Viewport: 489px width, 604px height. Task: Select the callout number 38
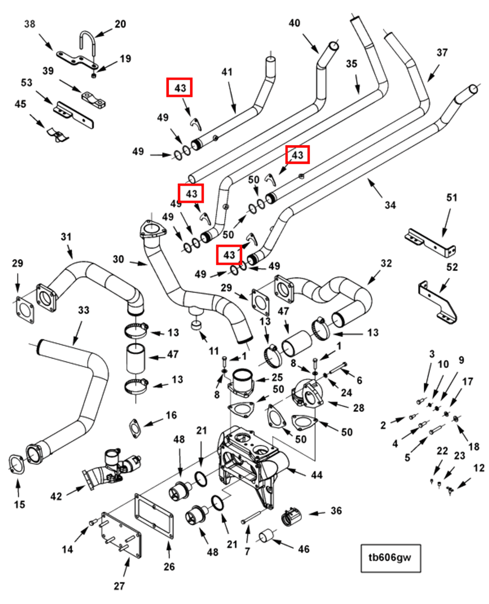tap(29, 24)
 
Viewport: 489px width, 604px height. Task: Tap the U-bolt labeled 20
tap(87, 41)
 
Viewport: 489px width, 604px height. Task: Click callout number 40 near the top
tap(294, 23)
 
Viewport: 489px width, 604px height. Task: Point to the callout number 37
tap(442, 53)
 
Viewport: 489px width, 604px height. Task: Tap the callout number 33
tap(84, 310)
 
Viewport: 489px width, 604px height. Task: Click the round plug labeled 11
tap(197, 325)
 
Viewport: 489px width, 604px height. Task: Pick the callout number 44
tap(317, 475)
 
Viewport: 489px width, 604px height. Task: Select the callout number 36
tap(336, 511)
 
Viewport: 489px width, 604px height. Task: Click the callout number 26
tap(169, 566)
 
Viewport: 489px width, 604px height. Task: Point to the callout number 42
tap(56, 496)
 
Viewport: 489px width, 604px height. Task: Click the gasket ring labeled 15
tap(17, 464)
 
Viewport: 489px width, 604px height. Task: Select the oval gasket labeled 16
tap(135, 428)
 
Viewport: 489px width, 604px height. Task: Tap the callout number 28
tap(359, 408)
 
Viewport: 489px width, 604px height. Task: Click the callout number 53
tap(26, 83)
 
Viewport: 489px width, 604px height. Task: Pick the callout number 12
tap(479, 468)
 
